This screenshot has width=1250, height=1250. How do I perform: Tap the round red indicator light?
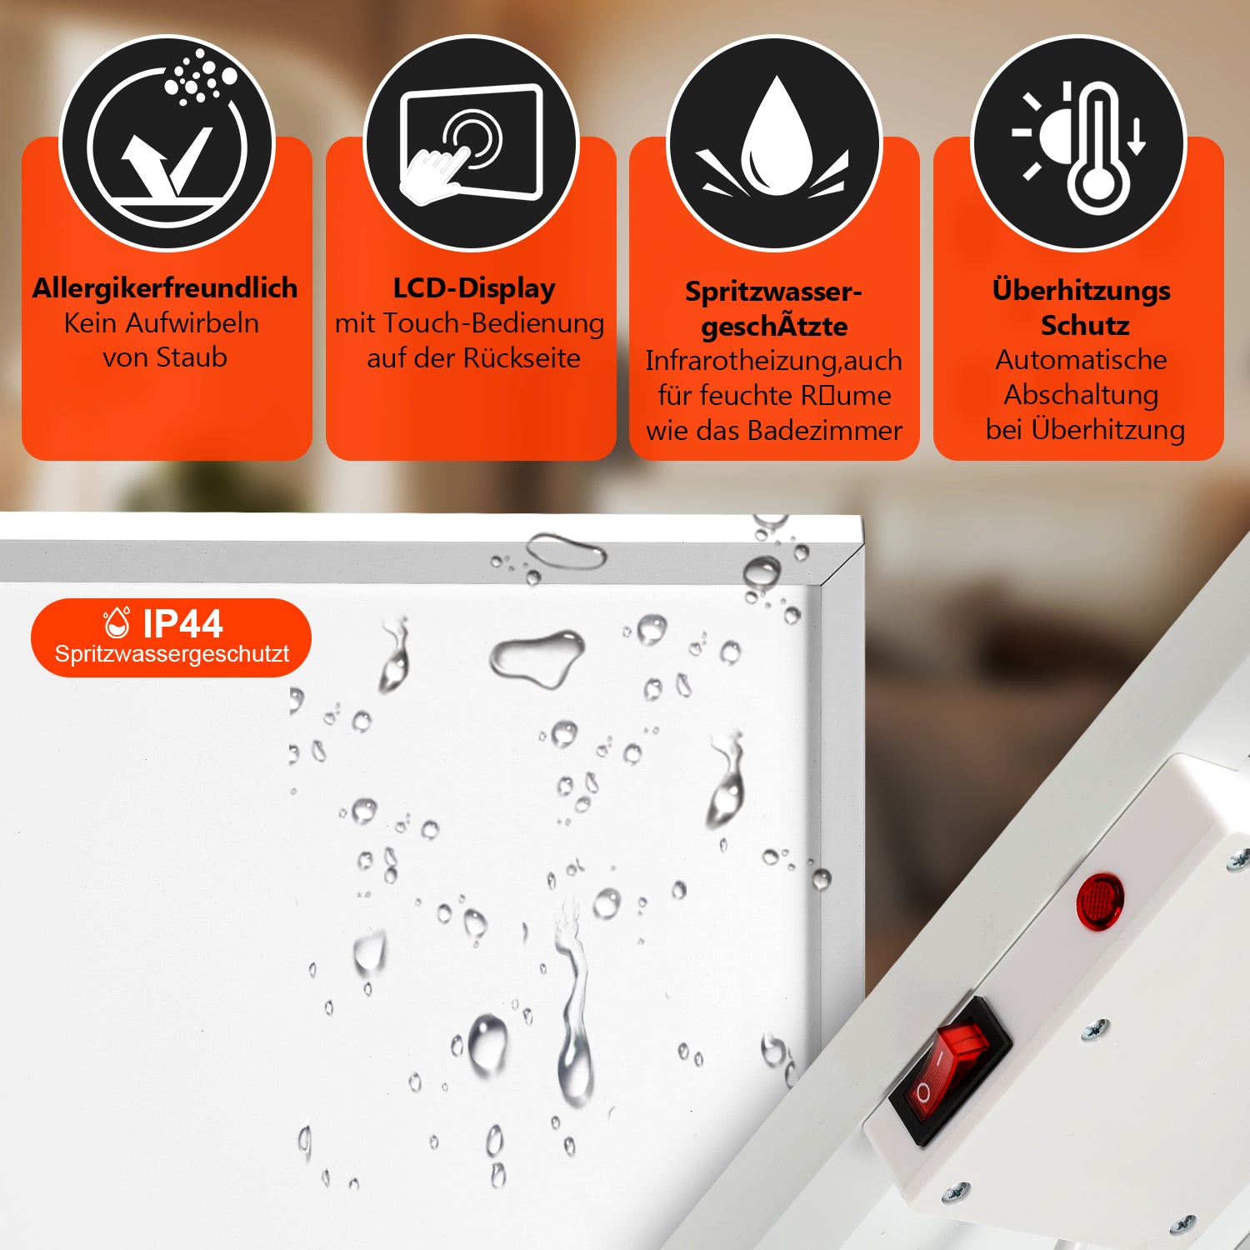click(x=1099, y=901)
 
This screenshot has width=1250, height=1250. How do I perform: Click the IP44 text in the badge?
click(x=182, y=623)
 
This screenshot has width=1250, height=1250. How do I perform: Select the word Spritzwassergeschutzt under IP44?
click(x=172, y=654)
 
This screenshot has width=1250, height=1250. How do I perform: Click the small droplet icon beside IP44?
click(x=117, y=622)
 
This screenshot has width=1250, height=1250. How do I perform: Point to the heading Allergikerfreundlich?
click(x=165, y=288)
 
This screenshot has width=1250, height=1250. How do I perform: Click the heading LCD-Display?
click(x=473, y=288)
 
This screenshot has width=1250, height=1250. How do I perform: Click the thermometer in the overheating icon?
click(x=1098, y=154)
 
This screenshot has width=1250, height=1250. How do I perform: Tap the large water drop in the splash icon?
click(x=775, y=137)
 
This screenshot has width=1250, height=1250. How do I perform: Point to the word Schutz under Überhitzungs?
click(x=1084, y=326)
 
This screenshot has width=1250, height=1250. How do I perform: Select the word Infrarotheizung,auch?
click(x=773, y=361)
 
